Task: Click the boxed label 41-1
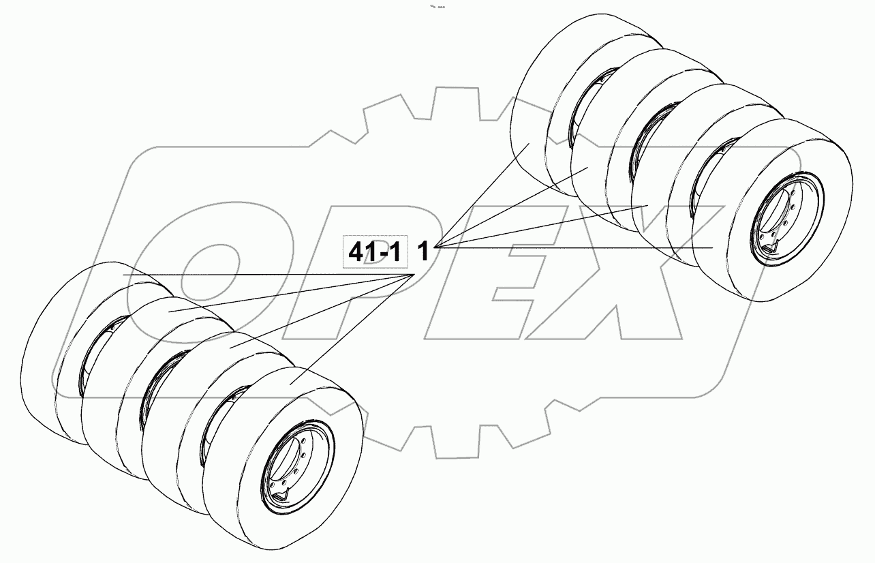(375, 252)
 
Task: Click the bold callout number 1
(423, 252)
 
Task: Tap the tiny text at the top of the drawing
(437, 7)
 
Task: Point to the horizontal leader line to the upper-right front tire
(579, 247)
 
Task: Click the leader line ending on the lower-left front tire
(354, 327)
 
